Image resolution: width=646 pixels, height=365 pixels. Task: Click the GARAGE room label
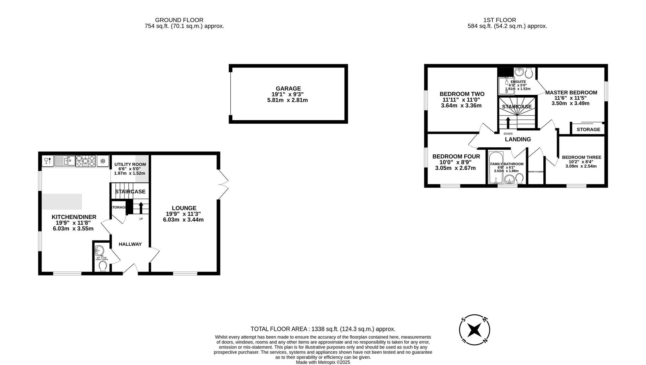point(288,89)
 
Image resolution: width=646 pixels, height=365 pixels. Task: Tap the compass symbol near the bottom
point(474,330)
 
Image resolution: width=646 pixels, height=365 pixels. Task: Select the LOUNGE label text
point(184,208)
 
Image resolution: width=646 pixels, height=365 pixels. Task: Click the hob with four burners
point(85,161)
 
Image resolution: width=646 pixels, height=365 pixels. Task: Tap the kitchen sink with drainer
point(64,161)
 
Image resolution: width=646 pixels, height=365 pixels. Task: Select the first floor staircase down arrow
point(508,122)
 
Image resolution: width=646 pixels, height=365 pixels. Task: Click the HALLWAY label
point(130,244)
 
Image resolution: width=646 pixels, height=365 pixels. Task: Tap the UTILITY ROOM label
point(130,164)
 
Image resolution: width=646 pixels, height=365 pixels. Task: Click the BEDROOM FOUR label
point(456,156)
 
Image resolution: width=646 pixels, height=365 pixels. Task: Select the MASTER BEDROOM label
point(571,92)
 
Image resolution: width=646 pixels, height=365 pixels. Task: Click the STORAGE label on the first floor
point(588,129)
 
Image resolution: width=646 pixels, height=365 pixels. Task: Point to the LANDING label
point(518,139)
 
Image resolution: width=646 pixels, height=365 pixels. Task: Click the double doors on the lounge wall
point(223,184)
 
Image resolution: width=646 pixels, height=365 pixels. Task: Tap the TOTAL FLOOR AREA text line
point(322,329)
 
